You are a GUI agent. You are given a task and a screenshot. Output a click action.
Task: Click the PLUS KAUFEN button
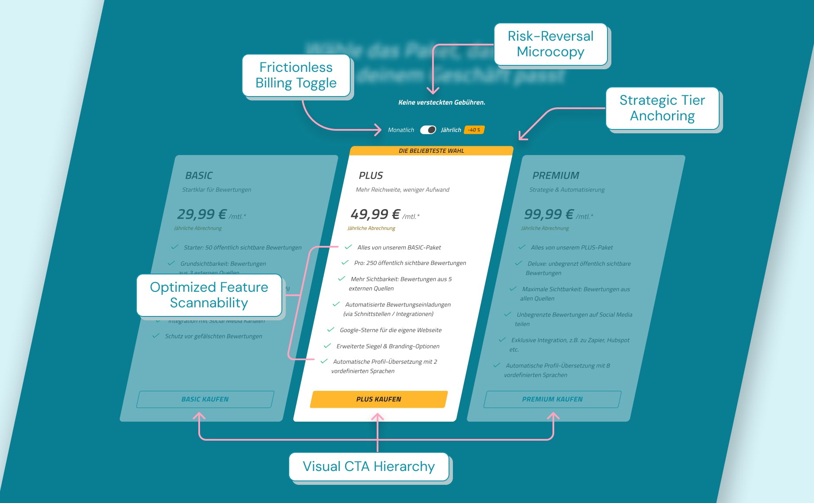(x=378, y=399)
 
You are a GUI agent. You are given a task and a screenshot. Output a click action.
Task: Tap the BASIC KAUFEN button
(x=205, y=399)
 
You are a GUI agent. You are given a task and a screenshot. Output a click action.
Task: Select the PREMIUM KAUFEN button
(x=552, y=399)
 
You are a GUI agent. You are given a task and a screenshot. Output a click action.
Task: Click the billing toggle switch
(x=428, y=130)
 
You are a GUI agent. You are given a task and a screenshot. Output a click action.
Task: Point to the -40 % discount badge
(x=474, y=130)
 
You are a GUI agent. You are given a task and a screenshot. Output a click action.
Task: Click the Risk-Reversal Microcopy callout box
(x=550, y=44)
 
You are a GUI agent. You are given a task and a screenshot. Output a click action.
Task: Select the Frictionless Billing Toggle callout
(x=296, y=75)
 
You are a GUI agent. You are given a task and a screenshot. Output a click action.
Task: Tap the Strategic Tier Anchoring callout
(x=662, y=108)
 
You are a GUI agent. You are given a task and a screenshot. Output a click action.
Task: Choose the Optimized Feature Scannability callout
(x=209, y=295)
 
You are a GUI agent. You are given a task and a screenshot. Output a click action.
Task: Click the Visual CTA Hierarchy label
(x=368, y=466)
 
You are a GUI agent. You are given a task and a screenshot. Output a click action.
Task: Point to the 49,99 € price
(x=375, y=214)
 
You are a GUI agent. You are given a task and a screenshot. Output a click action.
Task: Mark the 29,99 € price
(x=202, y=214)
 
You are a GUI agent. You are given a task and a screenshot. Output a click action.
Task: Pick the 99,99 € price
(x=549, y=214)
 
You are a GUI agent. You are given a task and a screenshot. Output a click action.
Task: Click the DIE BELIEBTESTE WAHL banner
(x=431, y=151)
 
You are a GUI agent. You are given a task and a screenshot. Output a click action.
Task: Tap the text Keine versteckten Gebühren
(x=442, y=103)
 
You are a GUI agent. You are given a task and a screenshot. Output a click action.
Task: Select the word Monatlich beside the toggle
(x=401, y=130)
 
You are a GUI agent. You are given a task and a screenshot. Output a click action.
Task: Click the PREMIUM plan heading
(x=556, y=175)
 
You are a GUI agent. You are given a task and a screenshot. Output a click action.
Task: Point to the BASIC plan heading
(x=199, y=175)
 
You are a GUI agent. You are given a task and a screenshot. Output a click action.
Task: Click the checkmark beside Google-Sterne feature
(x=331, y=329)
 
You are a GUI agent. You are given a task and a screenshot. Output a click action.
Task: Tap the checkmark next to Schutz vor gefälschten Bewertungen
(x=156, y=335)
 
